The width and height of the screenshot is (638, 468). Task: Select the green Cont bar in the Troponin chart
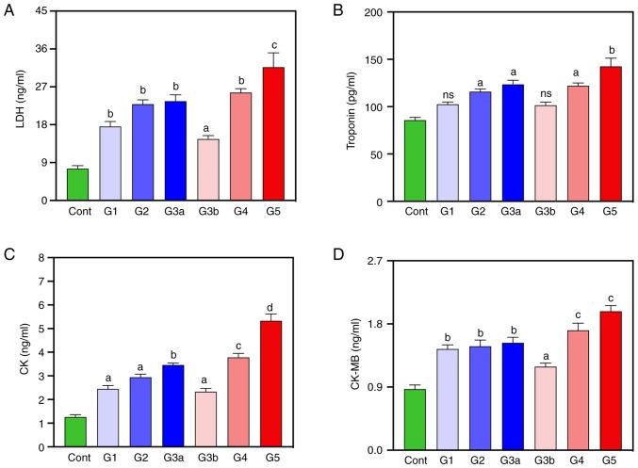pos(416,160)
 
